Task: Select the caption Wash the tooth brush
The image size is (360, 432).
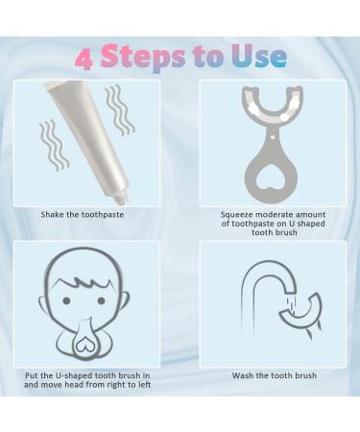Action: click(274, 375)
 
